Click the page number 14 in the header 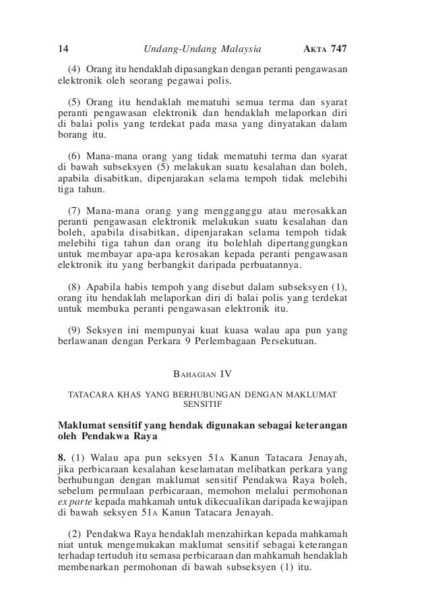(x=63, y=49)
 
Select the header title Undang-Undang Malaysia (x=203, y=49)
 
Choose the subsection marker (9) (x=78, y=329)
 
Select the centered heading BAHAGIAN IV (x=202, y=373)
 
